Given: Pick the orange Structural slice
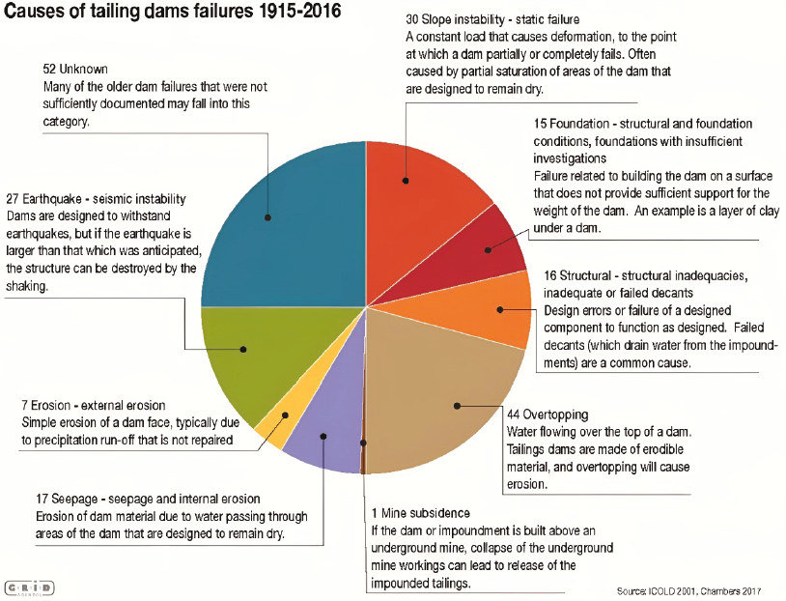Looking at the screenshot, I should click(492, 309).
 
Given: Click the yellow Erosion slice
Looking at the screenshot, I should click(274, 426).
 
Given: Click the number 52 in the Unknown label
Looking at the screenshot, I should click(51, 70).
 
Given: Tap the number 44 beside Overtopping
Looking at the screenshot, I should click(515, 414).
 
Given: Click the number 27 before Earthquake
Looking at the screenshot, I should click(14, 199).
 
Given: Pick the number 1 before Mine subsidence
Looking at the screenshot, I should click(375, 513).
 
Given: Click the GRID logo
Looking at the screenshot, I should click(30, 587).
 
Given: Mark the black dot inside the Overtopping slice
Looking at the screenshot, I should click(457, 406).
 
